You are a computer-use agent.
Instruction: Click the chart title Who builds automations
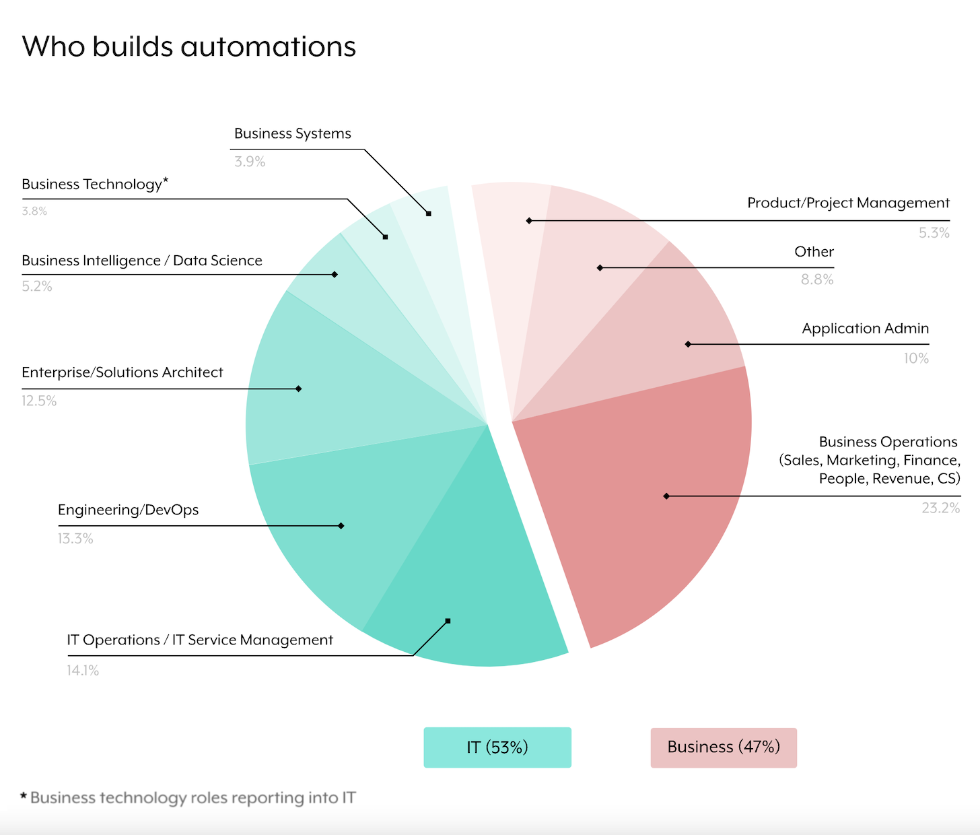pyautogui.click(x=188, y=46)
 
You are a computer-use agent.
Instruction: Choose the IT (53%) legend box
pyautogui.click(x=497, y=747)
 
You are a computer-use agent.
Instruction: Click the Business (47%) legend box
pyautogui.click(x=724, y=747)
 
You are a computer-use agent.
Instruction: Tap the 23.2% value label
pyautogui.click(x=940, y=508)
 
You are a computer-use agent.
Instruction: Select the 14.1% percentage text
pyautogui.click(x=83, y=670)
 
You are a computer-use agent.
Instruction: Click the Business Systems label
pyautogui.click(x=292, y=133)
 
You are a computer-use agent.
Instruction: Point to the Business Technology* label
pyautogui.click(x=94, y=184)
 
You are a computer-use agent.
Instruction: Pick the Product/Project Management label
pyautogui.click(x=848, y=203)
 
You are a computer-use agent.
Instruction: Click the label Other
pyautogui.click(x=814, y=252)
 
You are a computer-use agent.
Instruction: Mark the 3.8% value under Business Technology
pyautogui.click(x=34, y=211)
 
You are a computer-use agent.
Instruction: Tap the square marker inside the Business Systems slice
pyautogui.click(x=429, y=213)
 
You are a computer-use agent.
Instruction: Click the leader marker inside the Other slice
pyautogui.click(x=600, y=268)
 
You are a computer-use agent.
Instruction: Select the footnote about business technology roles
pyautogui.click(x=188, y=798)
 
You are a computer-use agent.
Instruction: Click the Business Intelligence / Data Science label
pyautogui.click(x=142, y=261)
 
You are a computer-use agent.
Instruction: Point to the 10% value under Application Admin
pyautogui.click(x=916, y=358)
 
